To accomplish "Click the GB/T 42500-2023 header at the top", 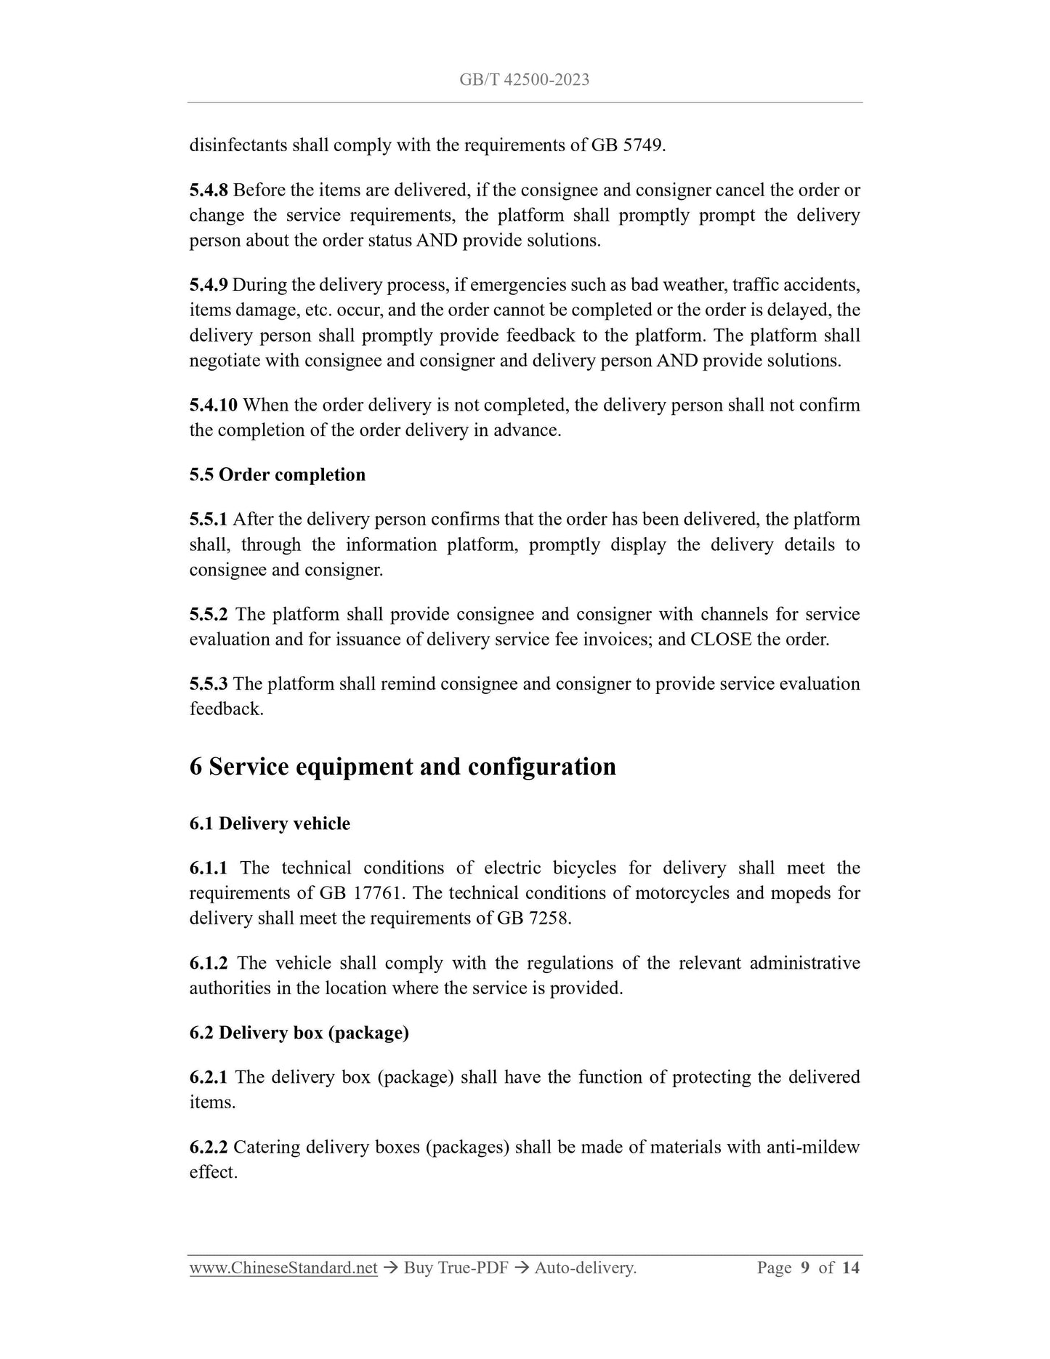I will pyautogui.click(x=524, y=80).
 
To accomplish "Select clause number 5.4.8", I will pyautogui.click(x=209, y=190).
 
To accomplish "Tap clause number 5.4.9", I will pyautogui.click(x=209, y=285).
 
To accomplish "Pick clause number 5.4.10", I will pyautogui.click(x=213, y=405).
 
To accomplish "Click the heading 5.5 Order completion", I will pyautogui.click(x=277, y=475).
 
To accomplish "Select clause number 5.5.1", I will pyautogui.click(x=209, y=520).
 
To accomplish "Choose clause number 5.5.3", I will pyautogui.click(x=209, y=684).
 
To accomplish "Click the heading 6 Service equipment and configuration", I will pyautogui.click(x=403, y=767).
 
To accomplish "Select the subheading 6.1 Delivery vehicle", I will pyautogui.click(x=270, y=823).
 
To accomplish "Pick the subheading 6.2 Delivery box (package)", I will pyautogui.click(x=299, y=1033).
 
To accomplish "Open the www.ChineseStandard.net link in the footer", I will pyautogui.click(x=283, y=1268).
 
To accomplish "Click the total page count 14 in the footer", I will pyautogui.click(x=851, y=1268).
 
